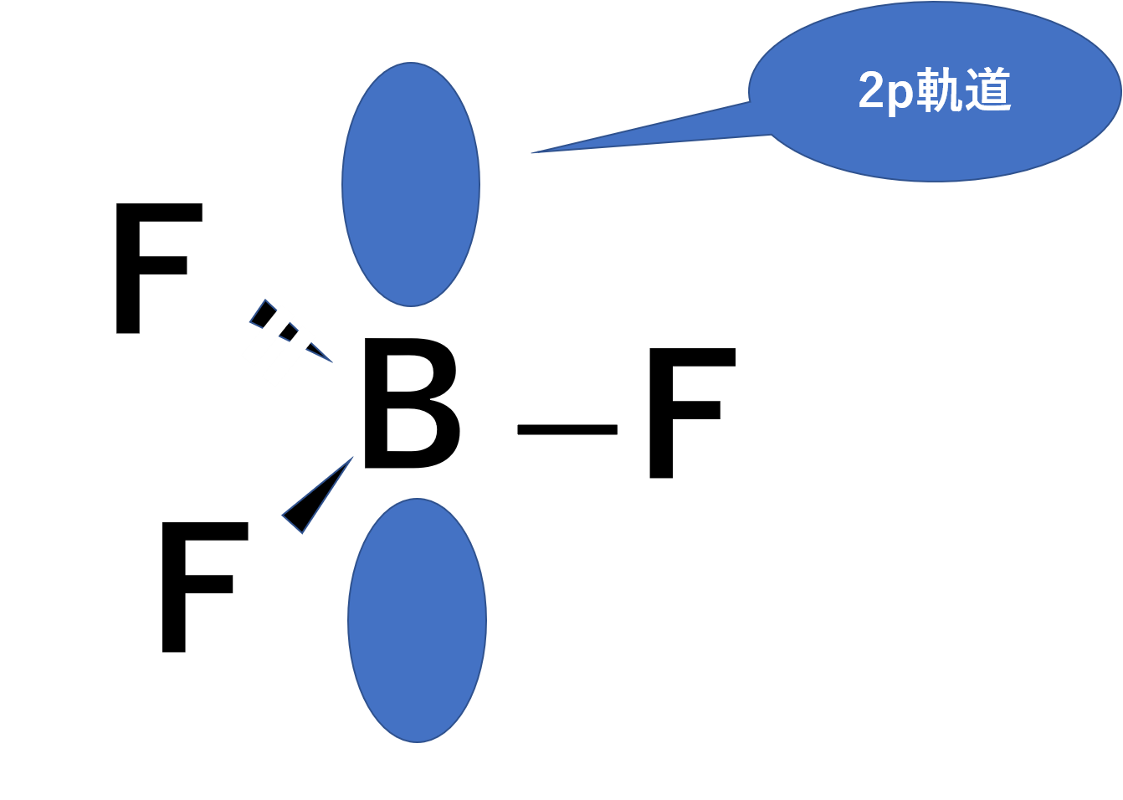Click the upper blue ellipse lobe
411,184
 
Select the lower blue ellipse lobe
417,620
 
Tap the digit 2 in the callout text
872,90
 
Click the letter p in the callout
900,94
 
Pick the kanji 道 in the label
987,90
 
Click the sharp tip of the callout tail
533,153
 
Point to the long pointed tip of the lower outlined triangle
352,458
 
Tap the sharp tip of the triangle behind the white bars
331,362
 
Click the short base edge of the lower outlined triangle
292,524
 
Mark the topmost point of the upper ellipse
410,63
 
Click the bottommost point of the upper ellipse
411,306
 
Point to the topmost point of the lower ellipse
417,499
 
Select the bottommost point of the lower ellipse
417,741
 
